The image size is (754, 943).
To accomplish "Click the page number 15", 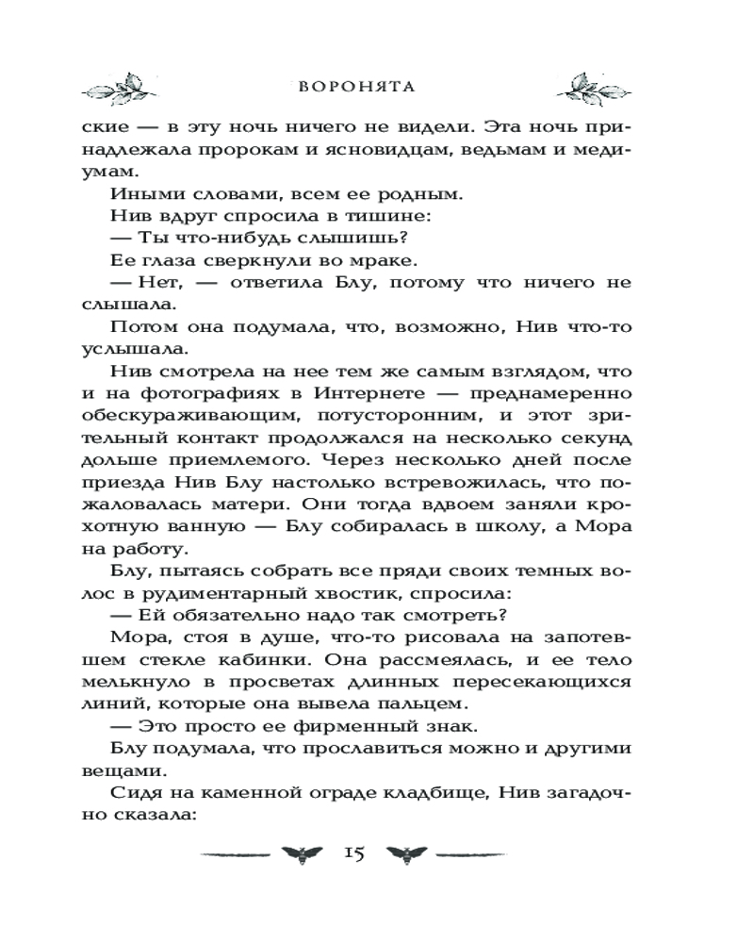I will (353, 852).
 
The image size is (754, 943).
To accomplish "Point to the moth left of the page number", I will (303, 854).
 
